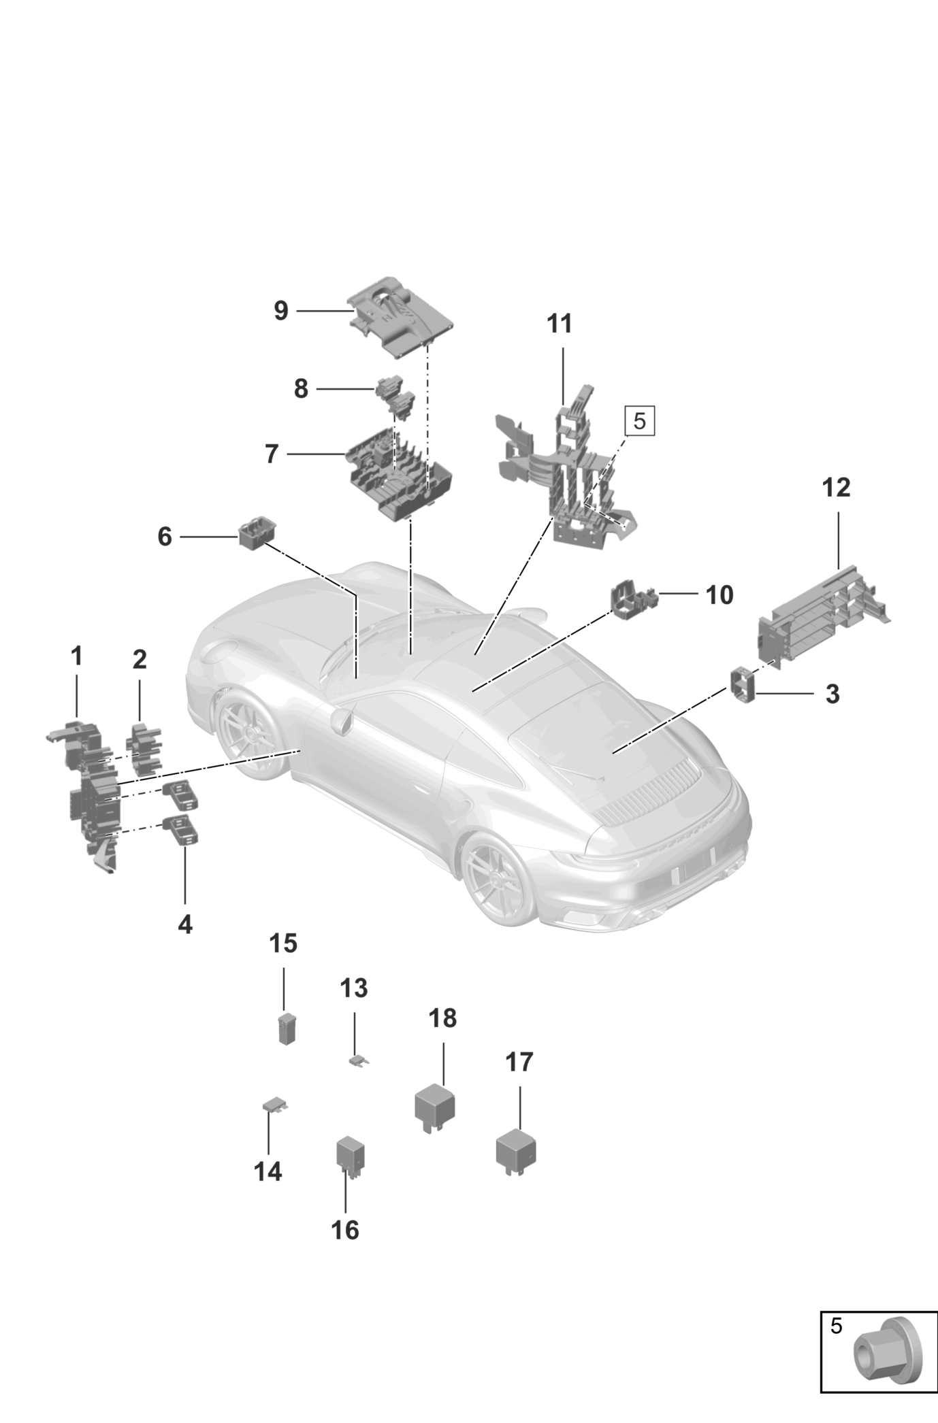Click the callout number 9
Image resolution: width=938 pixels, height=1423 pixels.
(281, 311)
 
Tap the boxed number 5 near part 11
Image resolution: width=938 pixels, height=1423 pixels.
(639, 421)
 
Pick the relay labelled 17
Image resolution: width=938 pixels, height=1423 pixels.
(515, 1150)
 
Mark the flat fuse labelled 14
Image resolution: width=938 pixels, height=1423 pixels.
(275, 1105)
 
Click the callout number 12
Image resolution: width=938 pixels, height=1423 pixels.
(837, 488)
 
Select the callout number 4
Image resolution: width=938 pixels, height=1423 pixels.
(185, 924)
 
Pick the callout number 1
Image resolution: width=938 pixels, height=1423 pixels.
(77, 656)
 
